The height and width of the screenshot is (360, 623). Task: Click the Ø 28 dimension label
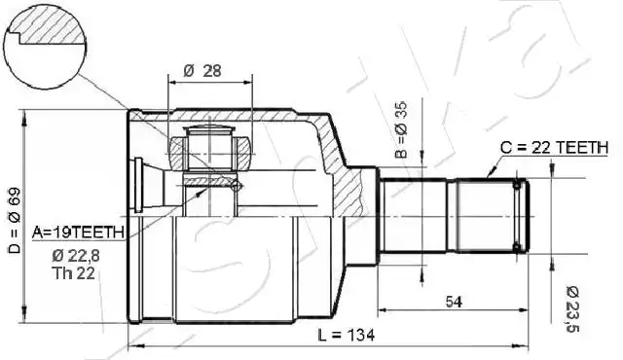tap(202, 71)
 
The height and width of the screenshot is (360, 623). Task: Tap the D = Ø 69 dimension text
tap(15, 221)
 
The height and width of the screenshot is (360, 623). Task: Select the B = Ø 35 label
tap(402, 129)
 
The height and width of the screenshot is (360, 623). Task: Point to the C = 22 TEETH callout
tap(554, 148)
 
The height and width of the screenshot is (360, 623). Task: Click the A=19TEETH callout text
tap(78, 233)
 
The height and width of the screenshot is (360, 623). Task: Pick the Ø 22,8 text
tap(76, 256)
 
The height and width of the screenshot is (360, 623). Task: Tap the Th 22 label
tap(74, 273)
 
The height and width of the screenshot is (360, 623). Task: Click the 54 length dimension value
tap(454, 302)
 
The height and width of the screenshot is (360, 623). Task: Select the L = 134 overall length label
tap(347, 336)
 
